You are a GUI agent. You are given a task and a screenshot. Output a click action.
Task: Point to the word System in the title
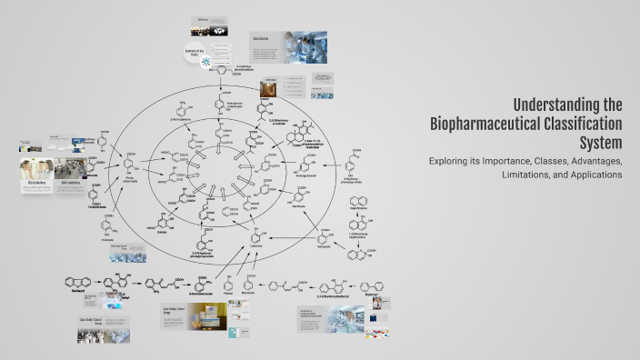pyautogui.click(x=600, y=143)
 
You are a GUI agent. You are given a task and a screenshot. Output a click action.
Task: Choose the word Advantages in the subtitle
pyautogui.click(x=595, y=161)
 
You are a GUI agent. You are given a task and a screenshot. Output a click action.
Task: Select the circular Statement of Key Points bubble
pyautogui.click(x=205, y=54)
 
